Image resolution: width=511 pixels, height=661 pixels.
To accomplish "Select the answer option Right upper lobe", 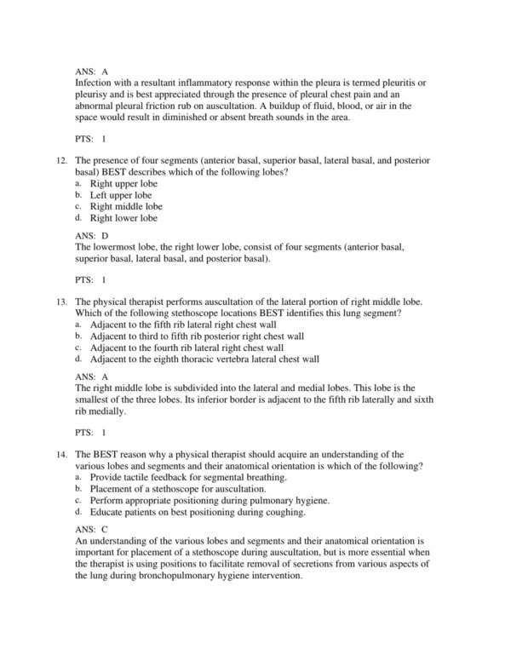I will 124,183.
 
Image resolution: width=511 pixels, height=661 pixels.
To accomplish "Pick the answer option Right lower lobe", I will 124,218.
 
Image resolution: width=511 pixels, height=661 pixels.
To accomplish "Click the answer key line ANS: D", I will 92,235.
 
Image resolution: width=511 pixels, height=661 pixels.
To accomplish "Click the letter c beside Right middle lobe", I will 78,207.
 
